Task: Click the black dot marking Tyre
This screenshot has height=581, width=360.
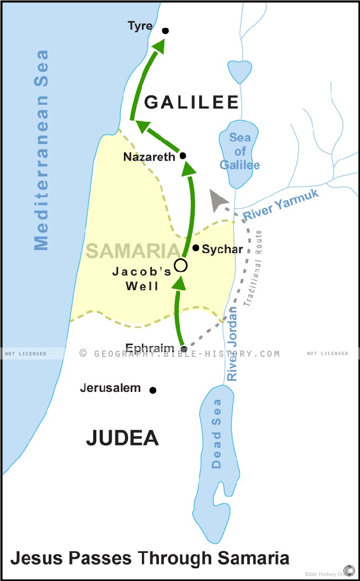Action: coord(165,31)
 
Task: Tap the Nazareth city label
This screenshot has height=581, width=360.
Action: coord(149,157)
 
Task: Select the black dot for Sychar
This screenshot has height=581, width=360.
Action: coord(196,248)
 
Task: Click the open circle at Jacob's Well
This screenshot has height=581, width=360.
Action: coord(181,265)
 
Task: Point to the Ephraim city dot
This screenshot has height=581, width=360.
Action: coord(184,349)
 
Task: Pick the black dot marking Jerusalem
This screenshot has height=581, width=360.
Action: coord(153,390)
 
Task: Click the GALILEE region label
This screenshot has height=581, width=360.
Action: coord(192,102)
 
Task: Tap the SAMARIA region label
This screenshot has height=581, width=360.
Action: coord(132,251)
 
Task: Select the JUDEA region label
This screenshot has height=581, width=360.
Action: coord(122,438)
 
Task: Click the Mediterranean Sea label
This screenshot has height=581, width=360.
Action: coord(41,150)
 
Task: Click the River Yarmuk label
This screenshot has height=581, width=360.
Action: coord(281,205)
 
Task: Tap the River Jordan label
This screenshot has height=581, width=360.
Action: coord(232,344)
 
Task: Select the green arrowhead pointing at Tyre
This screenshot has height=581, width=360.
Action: coord(158,48)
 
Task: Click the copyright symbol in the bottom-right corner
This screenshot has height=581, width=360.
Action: coord(349,570)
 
